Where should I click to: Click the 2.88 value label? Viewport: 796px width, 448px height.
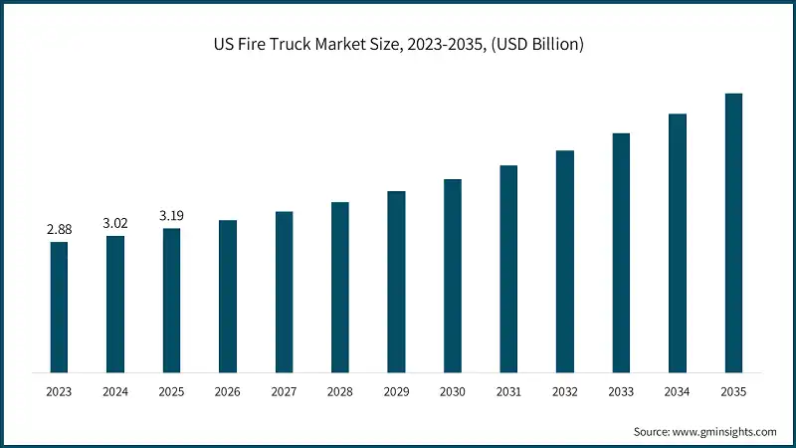pos(60,230)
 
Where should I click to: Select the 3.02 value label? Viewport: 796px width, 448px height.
pos(115,224)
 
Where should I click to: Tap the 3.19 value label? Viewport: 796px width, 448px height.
pos(172,216)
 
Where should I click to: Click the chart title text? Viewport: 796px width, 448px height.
pos(398,44)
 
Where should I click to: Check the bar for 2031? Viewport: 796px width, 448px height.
pos(508,270)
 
